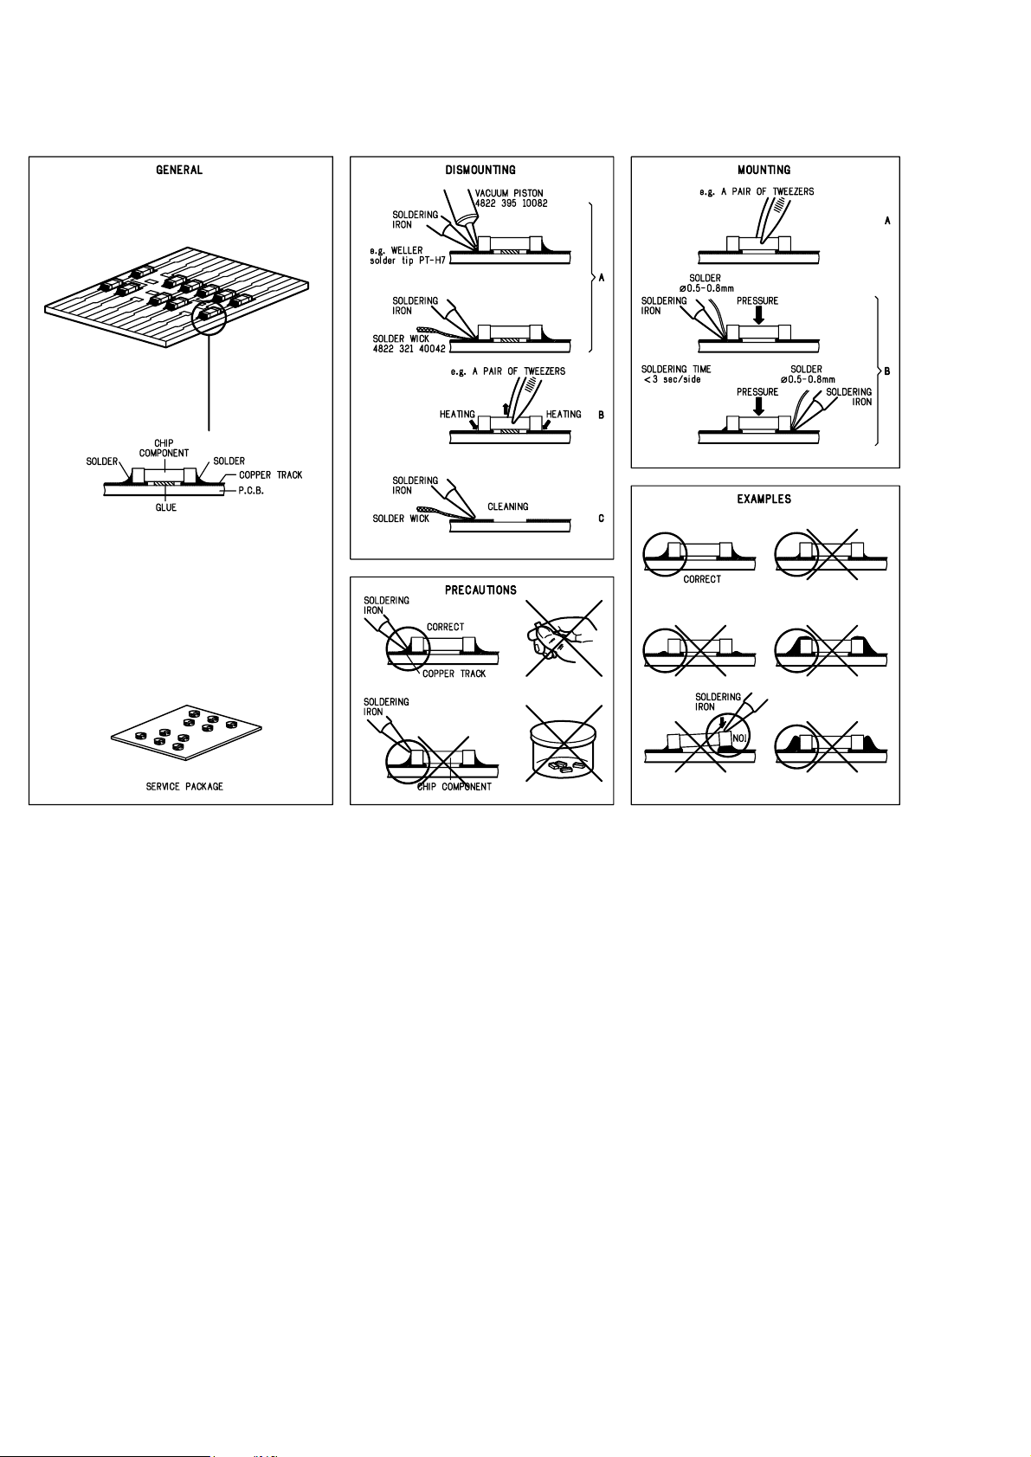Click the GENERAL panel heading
[x=179, y=171]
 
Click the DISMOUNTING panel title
[x=480, y=171]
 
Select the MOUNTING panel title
[x=764, y=171]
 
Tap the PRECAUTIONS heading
[x=480, y=590]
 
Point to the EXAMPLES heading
[x=764, y=500]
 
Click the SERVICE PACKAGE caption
[x=184, y=787]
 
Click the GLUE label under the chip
[x=165, y=508]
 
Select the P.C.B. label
[x=251, y=491]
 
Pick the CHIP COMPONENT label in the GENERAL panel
[x=164, y=448]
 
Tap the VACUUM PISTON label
[x=509, y=193]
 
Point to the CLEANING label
[x=507, y=507]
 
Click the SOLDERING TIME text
[x=676, y=370]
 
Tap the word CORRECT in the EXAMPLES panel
[x=702, y=579]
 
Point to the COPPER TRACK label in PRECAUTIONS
[x=454, y=674]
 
